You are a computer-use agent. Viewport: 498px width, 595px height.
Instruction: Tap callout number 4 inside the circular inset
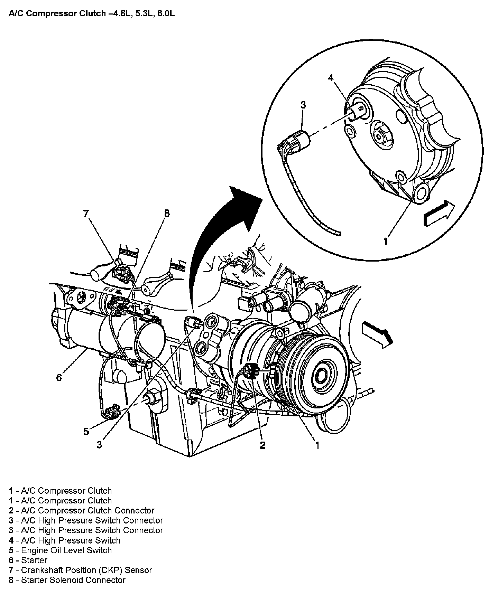coord(331,78)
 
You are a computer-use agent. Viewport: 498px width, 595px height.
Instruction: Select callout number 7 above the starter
coord(86,214)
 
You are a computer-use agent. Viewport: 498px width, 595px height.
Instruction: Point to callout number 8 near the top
coord(167,213)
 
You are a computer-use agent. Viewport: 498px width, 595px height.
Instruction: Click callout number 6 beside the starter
coord(59,377)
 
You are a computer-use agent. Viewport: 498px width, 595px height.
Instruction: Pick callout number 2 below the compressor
coord(262,445)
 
